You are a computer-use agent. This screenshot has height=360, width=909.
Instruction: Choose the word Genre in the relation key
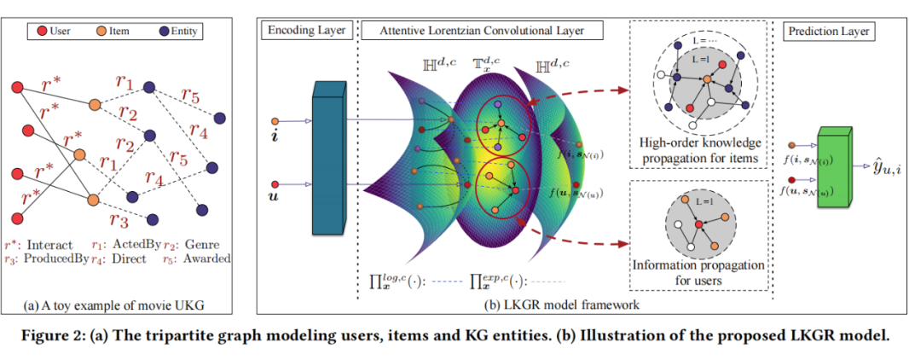click(198, 244)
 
